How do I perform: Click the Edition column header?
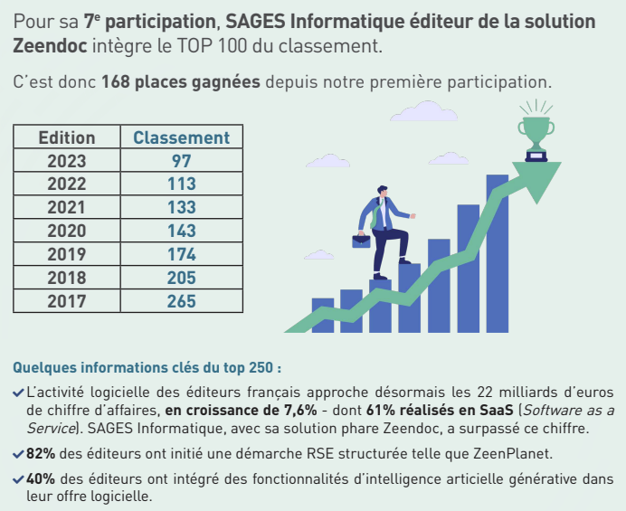(x=66, y=138)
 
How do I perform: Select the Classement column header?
(x=181, y=138)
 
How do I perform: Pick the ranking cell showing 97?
(x=181, y=161)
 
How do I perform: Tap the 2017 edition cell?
(x=66, y=301)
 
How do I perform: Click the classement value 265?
(x=181, y=301)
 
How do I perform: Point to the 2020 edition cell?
(x=66, y=232)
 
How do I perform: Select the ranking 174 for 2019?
(x=181, y=255)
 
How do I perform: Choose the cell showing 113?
(x=181, y=185)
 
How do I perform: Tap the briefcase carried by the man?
(x=362, y=241)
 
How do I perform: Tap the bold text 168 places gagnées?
(x=181, y=82)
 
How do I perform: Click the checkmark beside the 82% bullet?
(x=19, y=454)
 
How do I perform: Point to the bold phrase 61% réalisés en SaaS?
(x=439, y=411)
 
